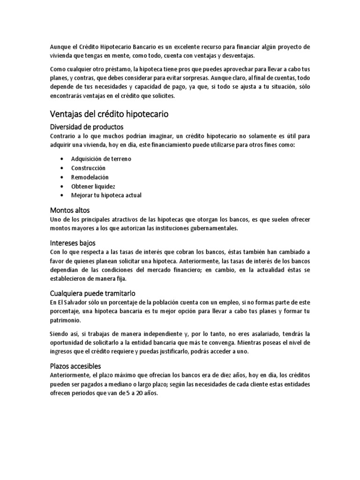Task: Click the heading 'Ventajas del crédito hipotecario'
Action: coord(109,114)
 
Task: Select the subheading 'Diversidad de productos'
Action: coord(87,127)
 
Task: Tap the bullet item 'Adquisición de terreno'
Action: coord(101,159)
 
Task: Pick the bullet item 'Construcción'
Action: coord(88,168)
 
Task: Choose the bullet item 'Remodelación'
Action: coord(90,177)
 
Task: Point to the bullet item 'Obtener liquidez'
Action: coord(93,186)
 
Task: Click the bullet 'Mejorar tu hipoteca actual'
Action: coord(106,195)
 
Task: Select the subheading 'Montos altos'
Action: coord(69,210)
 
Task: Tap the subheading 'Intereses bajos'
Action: coord(73,243)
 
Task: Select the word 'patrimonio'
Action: coord(65,320)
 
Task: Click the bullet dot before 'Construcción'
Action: coord(62,168)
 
